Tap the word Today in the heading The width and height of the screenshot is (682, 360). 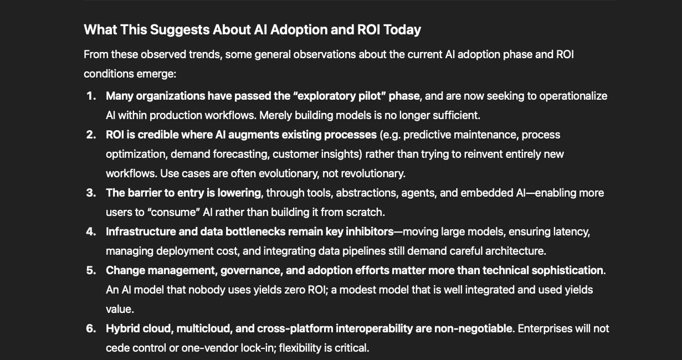pyautogui.click(x=401, y=29)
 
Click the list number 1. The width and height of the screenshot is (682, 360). pyautogui.click(x=91, y=96)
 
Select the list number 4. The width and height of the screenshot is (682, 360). pyautogui.click(x=91, y=232)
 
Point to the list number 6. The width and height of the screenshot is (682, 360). pyautogui.click(x=91, y=328)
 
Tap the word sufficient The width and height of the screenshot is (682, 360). pyautogui.click(x=457, y=115)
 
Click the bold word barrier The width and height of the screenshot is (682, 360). pyautogui.click(x=143, y=193)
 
